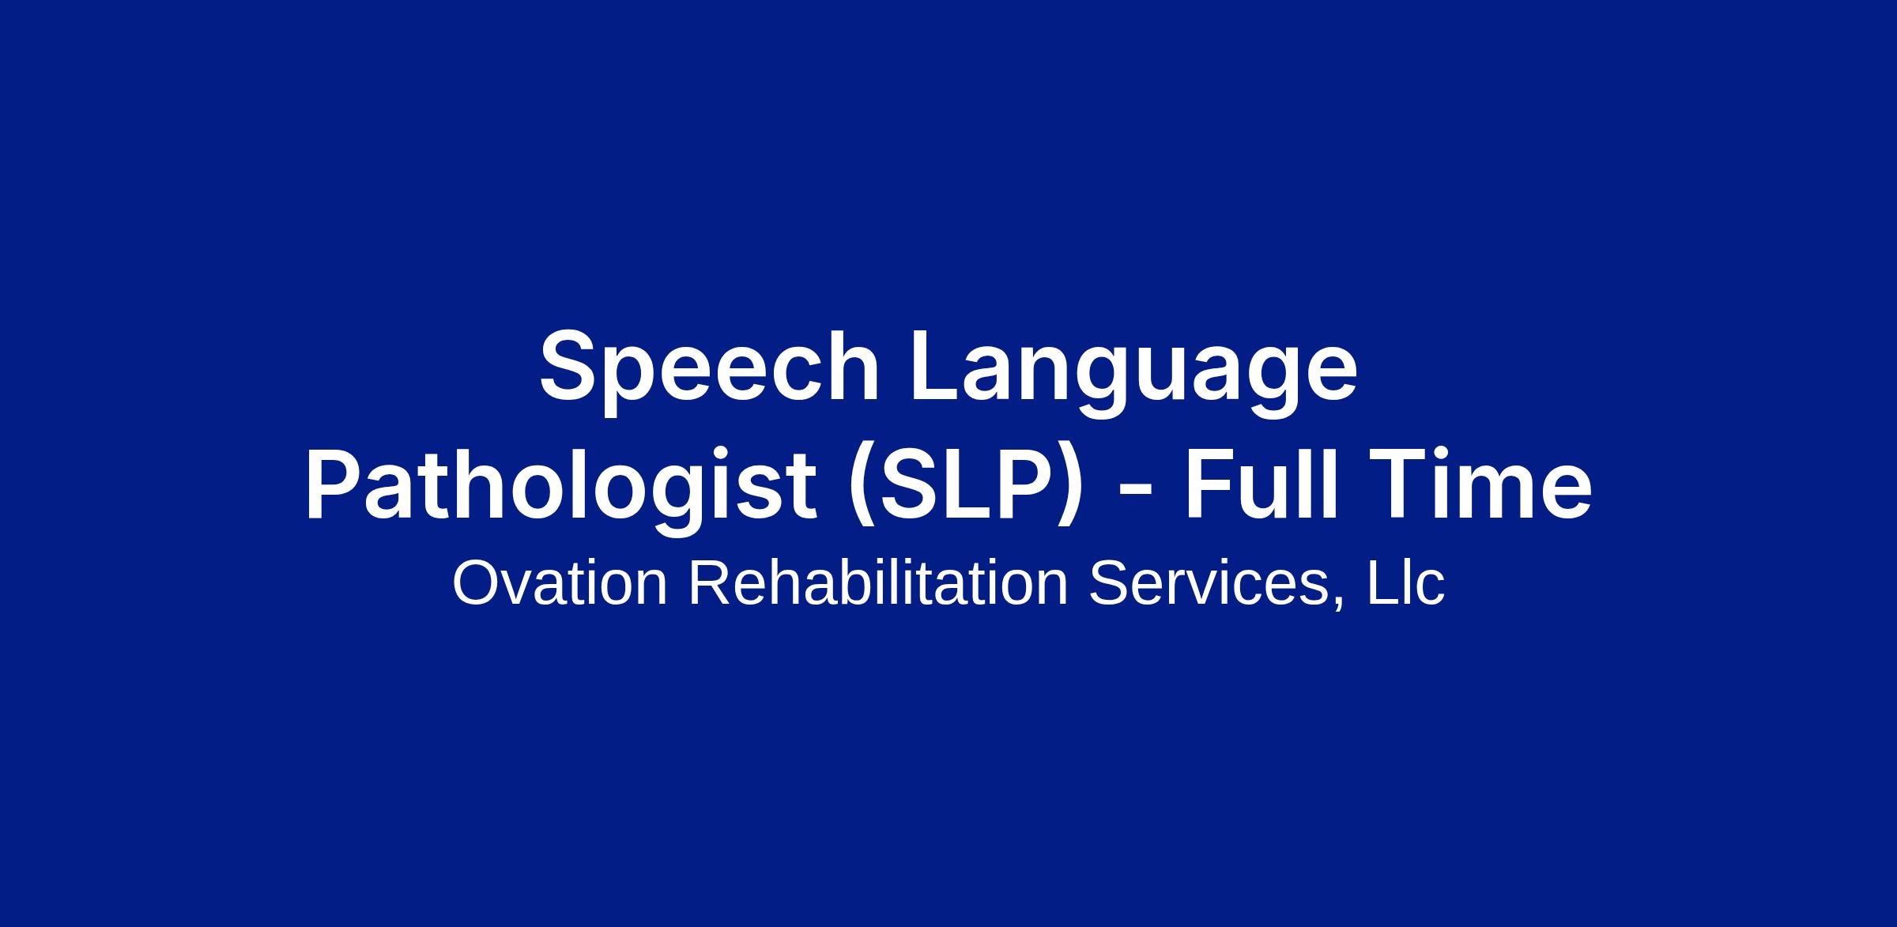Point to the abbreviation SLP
coord(964,484)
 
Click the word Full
coord(1261,484)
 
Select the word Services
coord(1209,583)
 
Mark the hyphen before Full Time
coord(1135,496)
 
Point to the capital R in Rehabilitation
coord(711,583)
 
